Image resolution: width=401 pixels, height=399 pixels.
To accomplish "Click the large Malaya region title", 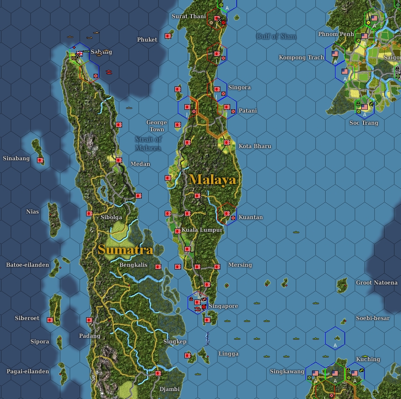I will (213, 180).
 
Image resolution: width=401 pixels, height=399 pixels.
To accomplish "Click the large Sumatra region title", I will (125, 250).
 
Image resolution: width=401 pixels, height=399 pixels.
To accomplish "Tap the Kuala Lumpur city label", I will (202, 230).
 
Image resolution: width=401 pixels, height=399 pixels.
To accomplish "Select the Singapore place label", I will (223, 306).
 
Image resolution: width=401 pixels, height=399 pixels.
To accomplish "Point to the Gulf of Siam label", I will (276, 36).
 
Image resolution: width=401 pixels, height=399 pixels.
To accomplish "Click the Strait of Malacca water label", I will (148, 143).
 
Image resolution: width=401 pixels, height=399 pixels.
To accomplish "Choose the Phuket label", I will (147, 40).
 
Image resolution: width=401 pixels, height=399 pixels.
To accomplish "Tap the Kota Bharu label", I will (255, 146).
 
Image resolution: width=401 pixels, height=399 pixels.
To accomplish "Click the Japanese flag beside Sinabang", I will (40, 160).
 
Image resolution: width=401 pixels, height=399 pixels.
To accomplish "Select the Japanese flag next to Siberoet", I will (50, 320).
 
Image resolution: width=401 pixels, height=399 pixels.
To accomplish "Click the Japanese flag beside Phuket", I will (168, 36).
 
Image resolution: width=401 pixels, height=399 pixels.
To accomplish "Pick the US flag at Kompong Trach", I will (335, 54).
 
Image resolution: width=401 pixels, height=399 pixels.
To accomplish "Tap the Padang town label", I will (90, 336).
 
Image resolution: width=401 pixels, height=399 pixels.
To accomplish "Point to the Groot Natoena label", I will (376, 283).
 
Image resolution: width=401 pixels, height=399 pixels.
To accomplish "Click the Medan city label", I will (140, 164).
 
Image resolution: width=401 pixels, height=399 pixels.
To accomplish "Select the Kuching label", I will (368, 359).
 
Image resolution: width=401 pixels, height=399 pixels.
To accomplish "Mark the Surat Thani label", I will (189, 16).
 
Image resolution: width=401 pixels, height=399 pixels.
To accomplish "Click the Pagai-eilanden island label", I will (28, 371).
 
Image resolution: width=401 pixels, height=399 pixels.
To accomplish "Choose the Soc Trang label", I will (364, 123).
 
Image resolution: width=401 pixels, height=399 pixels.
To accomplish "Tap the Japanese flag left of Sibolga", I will (89, 214).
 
